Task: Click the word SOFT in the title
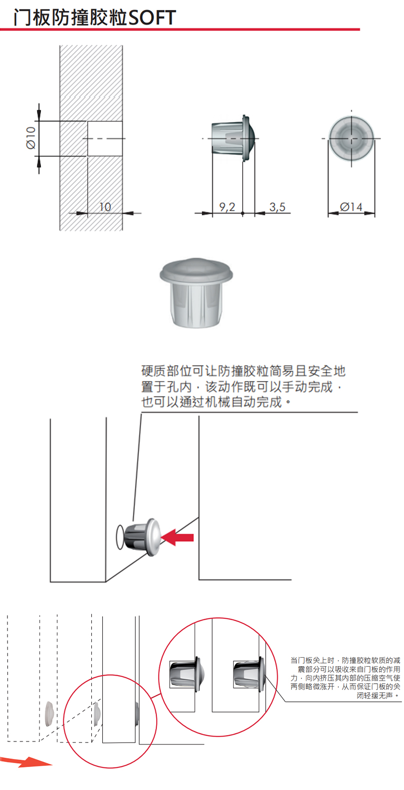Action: tap(152, 18)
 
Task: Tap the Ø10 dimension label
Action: tap(31, 138)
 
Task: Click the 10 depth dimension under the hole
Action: tap(105, 207)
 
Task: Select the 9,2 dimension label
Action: tap(227, 207)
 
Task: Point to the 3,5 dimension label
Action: tap(278, 207)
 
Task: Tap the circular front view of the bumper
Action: tap(352, 138)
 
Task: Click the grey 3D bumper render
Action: tap(196, 292)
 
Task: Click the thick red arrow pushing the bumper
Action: tap(178, 537)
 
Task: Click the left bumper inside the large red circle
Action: tap(186, 674)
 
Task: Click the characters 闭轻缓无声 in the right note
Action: tap(375, 696)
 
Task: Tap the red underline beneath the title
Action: tap(180, 29)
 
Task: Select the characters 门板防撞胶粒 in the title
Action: tap(70, 18)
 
